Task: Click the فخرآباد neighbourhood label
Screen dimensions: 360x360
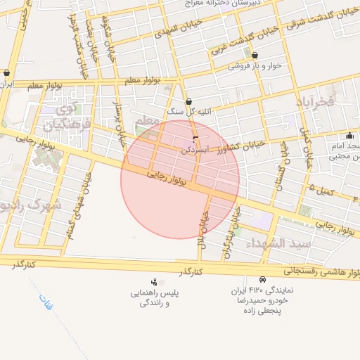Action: pos(312,103)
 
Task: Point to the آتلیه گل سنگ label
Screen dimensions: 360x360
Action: pos(185,112)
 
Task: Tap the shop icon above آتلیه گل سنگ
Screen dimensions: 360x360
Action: pos(188,101)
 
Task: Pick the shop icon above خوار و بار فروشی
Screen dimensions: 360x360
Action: pos(254,54)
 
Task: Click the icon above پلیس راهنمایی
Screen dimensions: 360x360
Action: pos(154,282)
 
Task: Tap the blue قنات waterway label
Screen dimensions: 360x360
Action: pos(46,303)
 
